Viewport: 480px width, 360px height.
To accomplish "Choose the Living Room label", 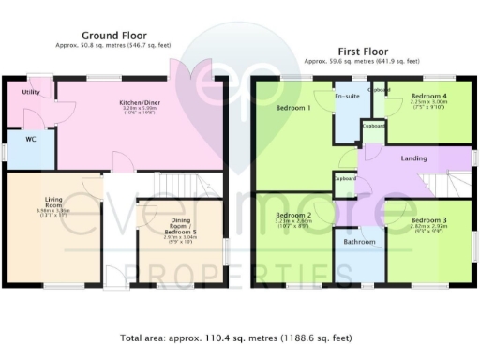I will click(53, 202).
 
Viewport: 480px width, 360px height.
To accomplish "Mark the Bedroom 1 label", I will click(293, 107).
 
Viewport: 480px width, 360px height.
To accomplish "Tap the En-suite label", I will click(346, 96).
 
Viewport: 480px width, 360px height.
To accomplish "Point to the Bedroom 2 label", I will click(293, 215).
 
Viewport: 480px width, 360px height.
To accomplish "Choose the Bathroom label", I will click(359, 242).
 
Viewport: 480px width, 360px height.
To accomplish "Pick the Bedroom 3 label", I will click(428, 219).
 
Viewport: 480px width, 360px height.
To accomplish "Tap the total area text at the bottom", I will click(239, 337).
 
